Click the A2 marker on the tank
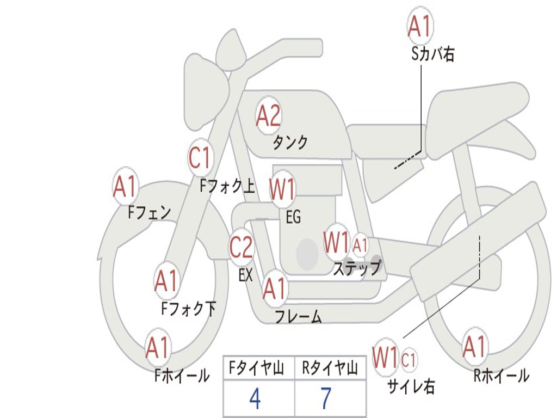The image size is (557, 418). (x=268, y=115)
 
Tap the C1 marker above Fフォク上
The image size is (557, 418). (x=200, y=158)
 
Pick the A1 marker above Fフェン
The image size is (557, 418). (x=125, y=187)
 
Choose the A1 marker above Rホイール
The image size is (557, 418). (x=474, y=347)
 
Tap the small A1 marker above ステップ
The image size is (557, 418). (x=361, y=245)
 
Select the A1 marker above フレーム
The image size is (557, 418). (x=275, y=288)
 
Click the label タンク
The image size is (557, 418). (x=290, y=143)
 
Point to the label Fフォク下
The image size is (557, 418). (x=188, y=309)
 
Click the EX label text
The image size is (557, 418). (x=246, y=275)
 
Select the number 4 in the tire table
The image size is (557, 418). (x=255, y=399)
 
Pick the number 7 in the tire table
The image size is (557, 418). (x=325, y=399)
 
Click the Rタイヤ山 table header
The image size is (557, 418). (x=330, y=369)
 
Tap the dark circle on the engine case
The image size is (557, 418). (x=307, y=254)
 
